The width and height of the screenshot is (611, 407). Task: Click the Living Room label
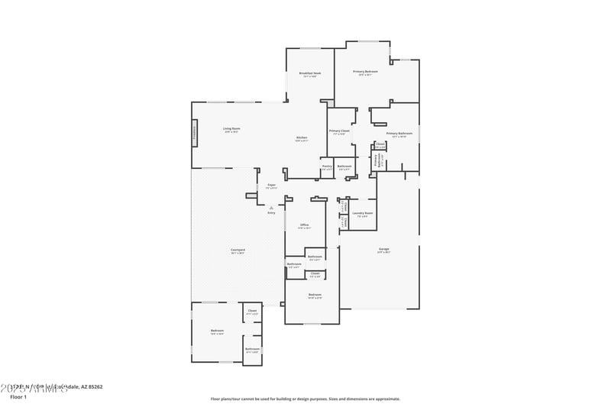point(231,128)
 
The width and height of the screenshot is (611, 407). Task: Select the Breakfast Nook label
point(310,73)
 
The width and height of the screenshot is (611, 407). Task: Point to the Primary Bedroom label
point(365,72)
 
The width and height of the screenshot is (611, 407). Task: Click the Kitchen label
point(302,138)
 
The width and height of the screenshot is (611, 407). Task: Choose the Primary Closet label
point(339,131)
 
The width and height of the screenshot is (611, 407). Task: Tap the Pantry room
point(327,166)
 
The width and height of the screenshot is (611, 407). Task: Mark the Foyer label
point(271,186)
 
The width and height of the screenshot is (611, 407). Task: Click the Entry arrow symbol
point(271,207)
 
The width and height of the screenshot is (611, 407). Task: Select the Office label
point(304,225)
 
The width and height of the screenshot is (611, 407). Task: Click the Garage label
point(383,250)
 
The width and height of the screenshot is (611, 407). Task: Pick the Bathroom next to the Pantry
point(345,166)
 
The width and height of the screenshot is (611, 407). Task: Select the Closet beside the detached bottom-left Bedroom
point(252,311)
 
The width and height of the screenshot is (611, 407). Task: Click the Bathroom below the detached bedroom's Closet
point(253,350)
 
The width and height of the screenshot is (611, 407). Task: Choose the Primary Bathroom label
point(399,134)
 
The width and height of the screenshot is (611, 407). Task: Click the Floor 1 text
point(18,397)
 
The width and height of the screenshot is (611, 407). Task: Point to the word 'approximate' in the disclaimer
point(386,399)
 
